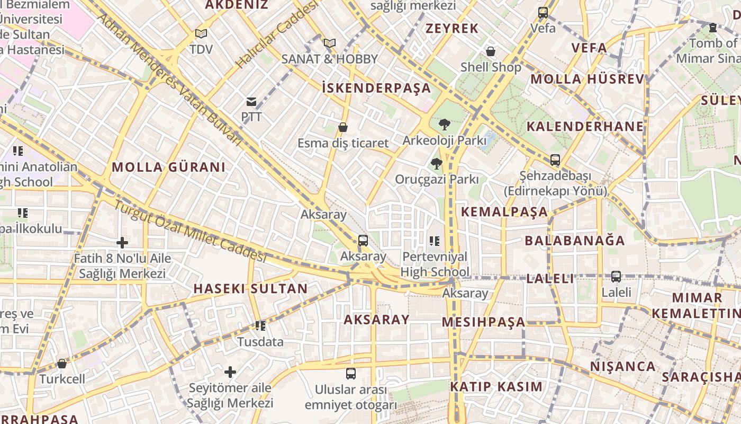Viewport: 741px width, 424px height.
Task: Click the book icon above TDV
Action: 201,34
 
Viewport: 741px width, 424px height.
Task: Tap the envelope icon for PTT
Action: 251,102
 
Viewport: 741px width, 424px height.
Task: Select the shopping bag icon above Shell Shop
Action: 491,51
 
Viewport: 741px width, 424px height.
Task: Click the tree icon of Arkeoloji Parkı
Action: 444,125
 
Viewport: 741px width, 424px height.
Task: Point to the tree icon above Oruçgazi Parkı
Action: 437,164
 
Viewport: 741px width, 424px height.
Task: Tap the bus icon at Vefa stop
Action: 543,13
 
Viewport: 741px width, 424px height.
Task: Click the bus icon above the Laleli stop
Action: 616,276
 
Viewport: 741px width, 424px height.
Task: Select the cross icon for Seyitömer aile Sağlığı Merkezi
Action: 230,372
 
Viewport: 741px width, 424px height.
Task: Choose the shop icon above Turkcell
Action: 62,364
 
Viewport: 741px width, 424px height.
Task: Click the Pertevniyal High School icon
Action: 435,241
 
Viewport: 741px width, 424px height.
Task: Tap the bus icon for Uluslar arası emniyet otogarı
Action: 350,374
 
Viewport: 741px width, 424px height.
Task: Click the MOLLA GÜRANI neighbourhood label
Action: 169,167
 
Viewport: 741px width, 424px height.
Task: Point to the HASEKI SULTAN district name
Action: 250,289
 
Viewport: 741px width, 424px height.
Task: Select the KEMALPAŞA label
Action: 504,212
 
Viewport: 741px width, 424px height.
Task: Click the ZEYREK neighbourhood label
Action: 452,29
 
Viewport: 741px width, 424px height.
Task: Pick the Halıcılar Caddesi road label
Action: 276,34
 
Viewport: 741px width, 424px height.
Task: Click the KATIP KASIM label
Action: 496,386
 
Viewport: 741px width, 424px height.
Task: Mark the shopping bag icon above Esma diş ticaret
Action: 343,127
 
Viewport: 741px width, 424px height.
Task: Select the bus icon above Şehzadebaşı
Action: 555,160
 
